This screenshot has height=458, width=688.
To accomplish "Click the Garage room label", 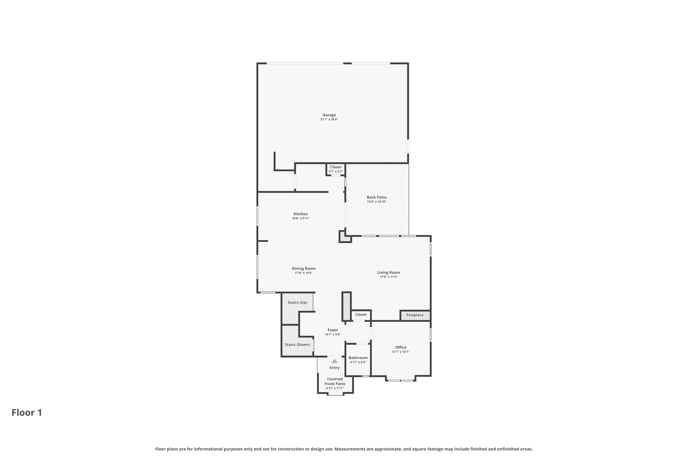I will coord(329,115).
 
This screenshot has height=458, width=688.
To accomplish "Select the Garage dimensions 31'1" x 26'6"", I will coord(329,119).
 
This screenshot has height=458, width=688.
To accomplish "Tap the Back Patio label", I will coord(376,197).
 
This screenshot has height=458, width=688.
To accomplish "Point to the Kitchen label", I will coord(300,214).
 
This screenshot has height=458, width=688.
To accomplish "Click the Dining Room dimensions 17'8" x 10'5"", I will coord(303,273).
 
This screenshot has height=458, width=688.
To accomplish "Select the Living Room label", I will coord(388,272).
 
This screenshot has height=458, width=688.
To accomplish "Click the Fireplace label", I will coord(415,315).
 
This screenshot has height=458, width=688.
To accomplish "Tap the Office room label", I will coord(400,347).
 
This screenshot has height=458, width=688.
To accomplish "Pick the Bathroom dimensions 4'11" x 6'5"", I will coord(358,362).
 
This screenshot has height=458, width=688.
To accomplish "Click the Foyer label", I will coord(333,330).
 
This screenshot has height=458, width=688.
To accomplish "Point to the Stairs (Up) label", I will coord(297,302).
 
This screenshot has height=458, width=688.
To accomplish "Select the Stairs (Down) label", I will coord(297,345).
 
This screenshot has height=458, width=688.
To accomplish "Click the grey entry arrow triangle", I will coord(334,361).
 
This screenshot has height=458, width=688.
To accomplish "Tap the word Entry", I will coord(334,368).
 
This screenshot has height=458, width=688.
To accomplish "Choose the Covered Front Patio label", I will coord(335,381).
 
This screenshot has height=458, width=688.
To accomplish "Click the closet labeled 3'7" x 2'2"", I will coord(335,169).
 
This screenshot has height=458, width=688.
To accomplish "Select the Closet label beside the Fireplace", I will coord(361,314).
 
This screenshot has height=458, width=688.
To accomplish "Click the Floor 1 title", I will coord(27,413).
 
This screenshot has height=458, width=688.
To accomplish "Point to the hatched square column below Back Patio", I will coord(345,237).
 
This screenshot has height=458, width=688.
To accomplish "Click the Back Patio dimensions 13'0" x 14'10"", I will coord(376,202).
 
